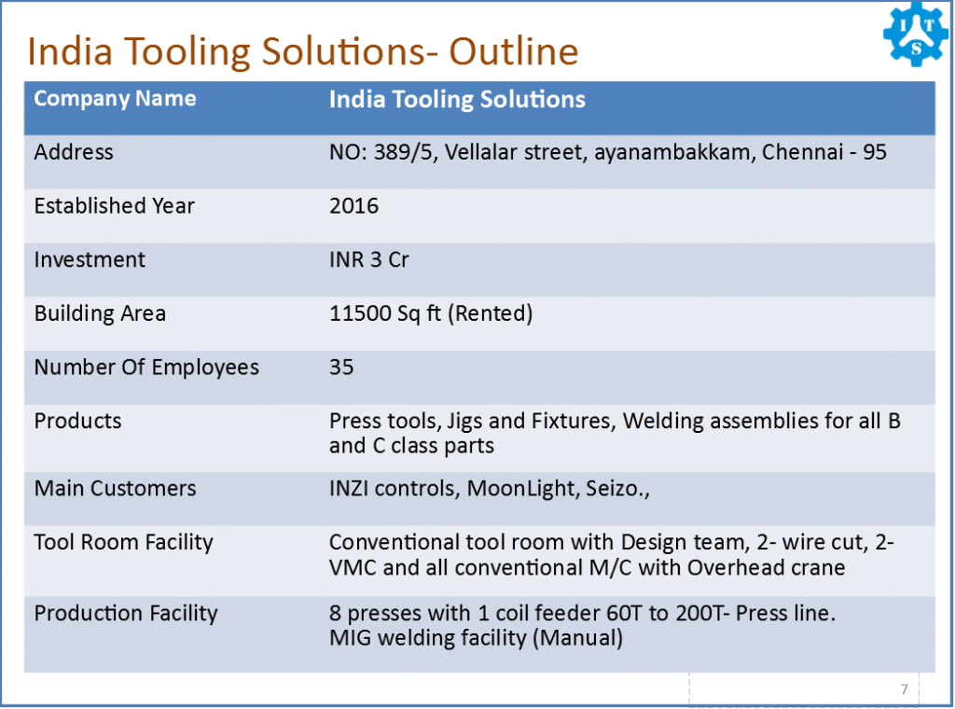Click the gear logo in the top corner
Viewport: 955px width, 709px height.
point(916,35)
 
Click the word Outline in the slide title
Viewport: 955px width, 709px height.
point(514,51)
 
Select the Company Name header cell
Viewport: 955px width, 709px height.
point(115,99)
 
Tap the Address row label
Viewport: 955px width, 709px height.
point(74,152)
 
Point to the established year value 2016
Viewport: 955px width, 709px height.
point(353,206)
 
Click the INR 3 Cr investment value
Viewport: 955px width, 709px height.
point(369,259)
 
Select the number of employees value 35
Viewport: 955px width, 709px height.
point(341,368)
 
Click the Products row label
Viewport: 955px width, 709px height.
point(78,421)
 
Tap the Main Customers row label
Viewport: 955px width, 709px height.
point(115,489)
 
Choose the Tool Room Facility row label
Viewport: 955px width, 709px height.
point(124,542)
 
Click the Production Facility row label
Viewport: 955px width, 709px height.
point(126,613)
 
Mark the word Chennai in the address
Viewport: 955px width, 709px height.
point(802,152)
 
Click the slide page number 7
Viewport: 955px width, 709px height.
point(905,688)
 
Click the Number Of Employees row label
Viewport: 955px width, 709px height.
point(146,368)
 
